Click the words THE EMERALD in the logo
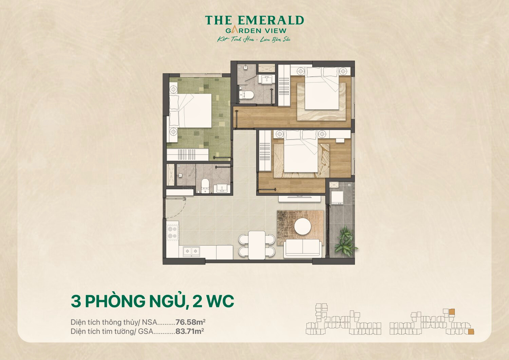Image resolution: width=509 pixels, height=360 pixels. (254, 20)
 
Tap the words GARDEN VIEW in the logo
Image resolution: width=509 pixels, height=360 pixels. (256, 31)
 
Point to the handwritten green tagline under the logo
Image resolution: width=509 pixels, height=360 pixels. (254, 39)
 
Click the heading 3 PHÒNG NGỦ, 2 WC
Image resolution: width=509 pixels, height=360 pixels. (152, 301)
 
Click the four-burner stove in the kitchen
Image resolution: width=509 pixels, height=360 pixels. (172, 233)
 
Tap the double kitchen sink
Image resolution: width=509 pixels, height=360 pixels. (191, 251)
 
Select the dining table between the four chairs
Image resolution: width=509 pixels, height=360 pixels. (257, 245)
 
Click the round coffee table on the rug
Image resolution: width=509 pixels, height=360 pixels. (302, 227)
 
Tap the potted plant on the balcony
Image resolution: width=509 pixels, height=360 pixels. (344, 240)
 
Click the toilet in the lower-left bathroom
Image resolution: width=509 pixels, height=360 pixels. (205, 185)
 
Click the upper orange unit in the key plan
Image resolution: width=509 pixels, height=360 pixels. (452, 311)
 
